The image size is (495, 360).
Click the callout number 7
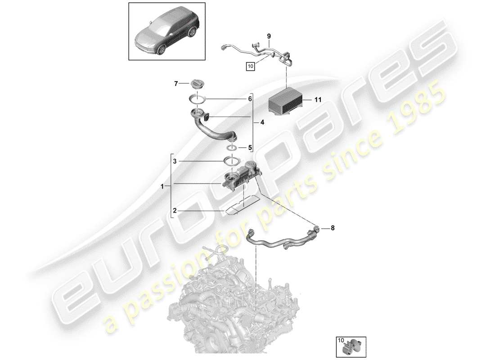(x=176, y=83)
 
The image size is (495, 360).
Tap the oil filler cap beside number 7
(x=198, y=84)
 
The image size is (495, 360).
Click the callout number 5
(x=245, y=147)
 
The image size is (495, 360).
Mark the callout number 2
(x=176, y=210)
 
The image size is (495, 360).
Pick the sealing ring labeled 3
(x=231, y=161)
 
